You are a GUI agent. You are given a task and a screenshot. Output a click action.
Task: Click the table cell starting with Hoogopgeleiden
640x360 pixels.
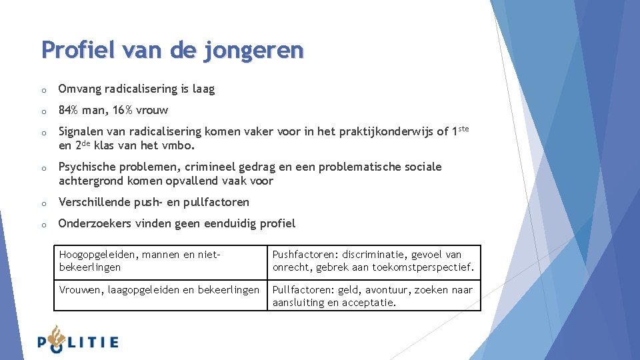click(160, 261)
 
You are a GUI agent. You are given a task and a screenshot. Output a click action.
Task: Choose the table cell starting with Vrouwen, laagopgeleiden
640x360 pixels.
click(160, 296)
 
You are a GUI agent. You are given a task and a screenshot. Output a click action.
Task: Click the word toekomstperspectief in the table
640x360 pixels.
click(426, 267)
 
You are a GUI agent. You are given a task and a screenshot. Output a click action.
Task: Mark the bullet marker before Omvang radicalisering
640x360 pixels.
click(43, 89)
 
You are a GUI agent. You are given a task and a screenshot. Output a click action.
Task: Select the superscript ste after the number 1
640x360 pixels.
click(464, 128)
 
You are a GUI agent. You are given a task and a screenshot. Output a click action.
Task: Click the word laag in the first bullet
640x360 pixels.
click(203, 89)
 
